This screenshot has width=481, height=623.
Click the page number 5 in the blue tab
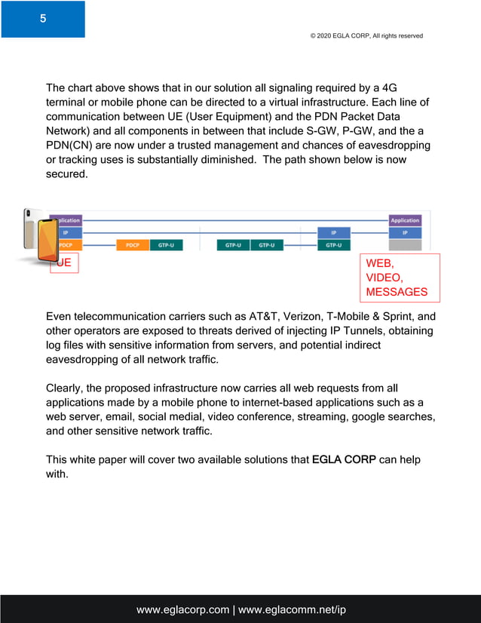(43, 19)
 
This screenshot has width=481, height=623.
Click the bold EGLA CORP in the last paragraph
(344, 459)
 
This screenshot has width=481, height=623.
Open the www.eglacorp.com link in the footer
(182, 609)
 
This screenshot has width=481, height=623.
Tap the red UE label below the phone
(65, 263)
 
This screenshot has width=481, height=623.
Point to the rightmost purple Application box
(405, 220)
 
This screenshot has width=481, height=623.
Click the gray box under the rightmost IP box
(405, 244)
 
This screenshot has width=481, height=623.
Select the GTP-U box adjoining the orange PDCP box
(163, 244)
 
